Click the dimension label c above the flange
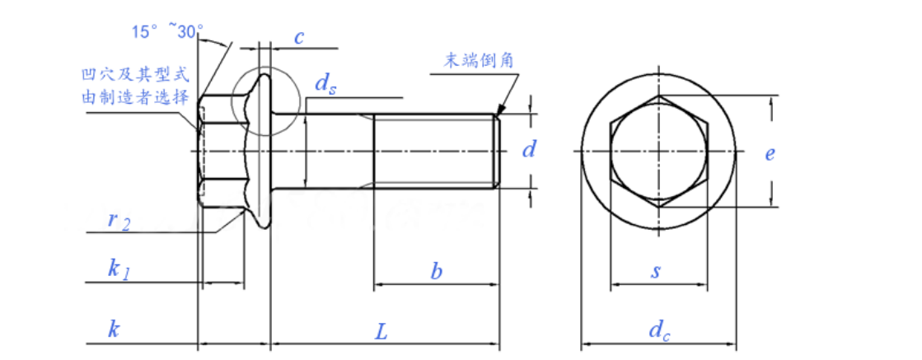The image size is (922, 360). (299, 36)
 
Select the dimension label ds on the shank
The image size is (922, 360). (325, 85)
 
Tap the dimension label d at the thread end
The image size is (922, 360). (530, 150)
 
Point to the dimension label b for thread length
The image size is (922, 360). (437, 271)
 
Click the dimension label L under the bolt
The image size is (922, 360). (381, 332)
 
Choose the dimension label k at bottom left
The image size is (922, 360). (115, 330)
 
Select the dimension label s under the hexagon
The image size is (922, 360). (656, 272)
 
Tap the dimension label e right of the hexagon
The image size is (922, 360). (769, 153)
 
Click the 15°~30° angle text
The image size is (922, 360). (168, 31)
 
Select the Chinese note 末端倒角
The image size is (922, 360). (481, 60)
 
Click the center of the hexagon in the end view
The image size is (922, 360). (659, 151)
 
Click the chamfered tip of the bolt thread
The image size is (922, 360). (496, 152)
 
